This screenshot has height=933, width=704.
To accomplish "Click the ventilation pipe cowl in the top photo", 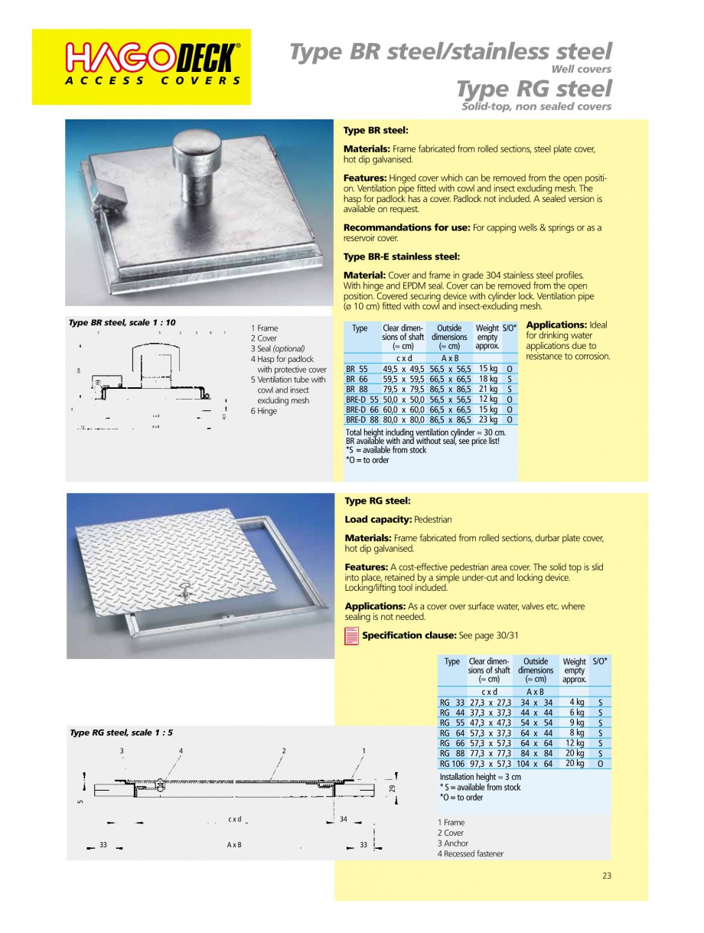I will [x=197, y=145].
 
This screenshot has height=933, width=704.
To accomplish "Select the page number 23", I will [x=606, y=876].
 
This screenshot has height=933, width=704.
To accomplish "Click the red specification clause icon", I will [x=352, y=635].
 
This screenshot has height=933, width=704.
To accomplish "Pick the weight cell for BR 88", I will [x=488, y=389].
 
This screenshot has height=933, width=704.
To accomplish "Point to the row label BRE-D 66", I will [x=362, y=409].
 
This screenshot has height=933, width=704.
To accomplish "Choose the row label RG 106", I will [x=452, y=763].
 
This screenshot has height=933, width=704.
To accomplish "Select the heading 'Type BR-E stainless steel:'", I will [x=401, y=257].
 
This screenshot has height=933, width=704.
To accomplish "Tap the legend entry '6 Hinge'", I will [x=264, y=411].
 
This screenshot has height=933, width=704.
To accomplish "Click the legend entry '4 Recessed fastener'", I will [x=471, y=853].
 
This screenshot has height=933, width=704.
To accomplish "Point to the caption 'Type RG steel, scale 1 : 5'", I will [x=121, y=732].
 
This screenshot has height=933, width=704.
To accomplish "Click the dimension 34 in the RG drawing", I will [x=344, y=819].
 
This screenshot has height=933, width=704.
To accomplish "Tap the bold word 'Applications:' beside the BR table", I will [x=556, y=325].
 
